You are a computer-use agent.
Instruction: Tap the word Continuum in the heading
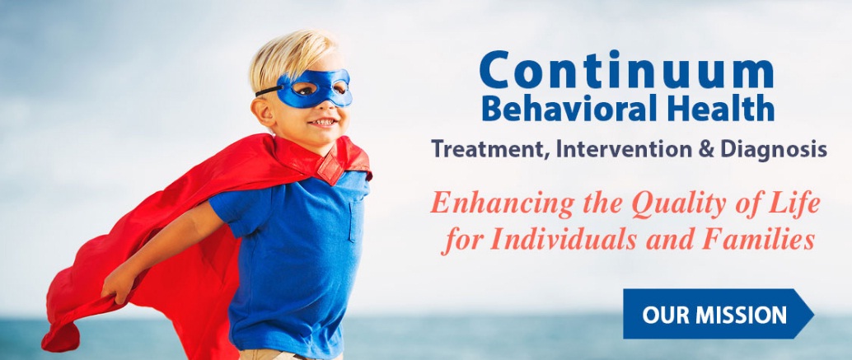click(627, 72)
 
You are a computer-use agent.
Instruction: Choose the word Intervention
click(615, 151)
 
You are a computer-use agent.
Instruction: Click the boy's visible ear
click(265, 111)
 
